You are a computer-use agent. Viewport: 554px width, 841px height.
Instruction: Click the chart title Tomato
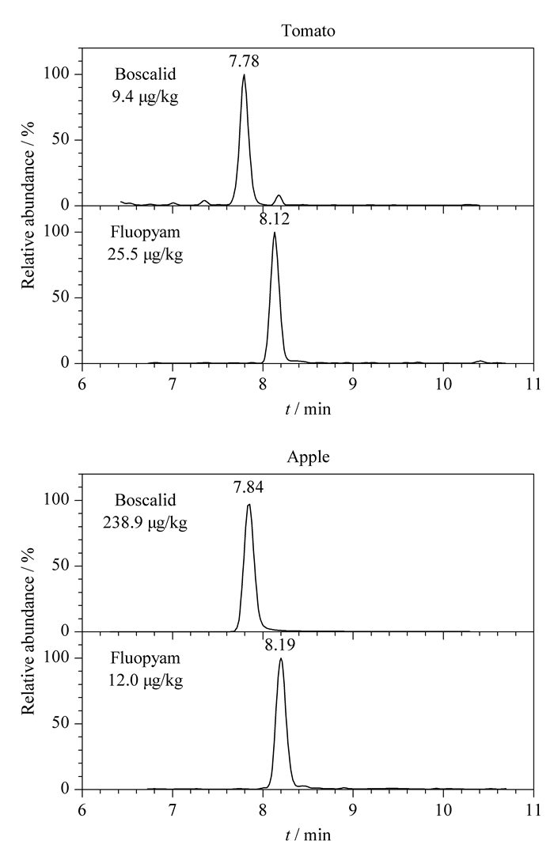pos(309,31)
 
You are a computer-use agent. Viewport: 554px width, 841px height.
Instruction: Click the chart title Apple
pos(309,457)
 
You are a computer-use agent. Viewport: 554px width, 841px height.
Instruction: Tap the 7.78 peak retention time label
pos(244,62)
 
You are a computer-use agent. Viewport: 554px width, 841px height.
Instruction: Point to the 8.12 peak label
pos(275,219)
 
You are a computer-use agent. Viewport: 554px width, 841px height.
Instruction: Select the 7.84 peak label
pos(249,487)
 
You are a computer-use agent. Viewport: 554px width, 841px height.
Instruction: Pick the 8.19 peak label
pos(280,645)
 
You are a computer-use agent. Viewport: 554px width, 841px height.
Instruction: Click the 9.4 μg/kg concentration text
pos(146,97)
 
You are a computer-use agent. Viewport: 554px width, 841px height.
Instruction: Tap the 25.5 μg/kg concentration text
pos(146,255)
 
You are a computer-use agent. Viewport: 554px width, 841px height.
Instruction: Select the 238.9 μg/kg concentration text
pos(146,523)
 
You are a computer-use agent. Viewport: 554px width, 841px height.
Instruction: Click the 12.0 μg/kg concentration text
pos(146,680)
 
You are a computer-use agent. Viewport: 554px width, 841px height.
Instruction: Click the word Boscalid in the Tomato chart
pos(146,74)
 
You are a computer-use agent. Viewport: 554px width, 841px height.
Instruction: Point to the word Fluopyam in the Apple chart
pos(146,658)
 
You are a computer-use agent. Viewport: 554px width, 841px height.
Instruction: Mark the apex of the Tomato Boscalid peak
pos(244,74)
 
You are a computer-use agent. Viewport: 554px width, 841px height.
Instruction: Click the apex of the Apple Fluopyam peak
pos(280,659)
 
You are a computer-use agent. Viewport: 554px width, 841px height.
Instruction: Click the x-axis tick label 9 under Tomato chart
pos(353,385)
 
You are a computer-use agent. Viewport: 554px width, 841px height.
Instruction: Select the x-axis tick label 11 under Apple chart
pos(533,810)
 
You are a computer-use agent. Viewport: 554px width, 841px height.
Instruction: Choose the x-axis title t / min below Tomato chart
pos(309,409)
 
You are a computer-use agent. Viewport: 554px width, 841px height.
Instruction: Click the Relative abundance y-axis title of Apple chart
pos(28,631)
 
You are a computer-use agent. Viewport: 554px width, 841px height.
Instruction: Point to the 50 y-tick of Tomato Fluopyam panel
pos(61,297)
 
